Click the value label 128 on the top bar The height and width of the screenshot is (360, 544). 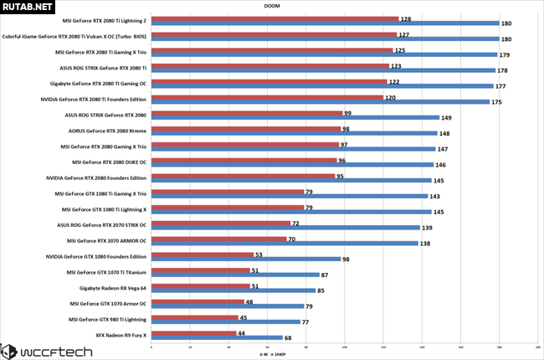point(405,18)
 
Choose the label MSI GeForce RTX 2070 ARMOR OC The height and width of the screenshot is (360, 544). point(108,240)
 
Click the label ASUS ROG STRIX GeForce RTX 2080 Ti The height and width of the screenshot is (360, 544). point(106,67)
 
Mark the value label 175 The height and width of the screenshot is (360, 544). point(497,102)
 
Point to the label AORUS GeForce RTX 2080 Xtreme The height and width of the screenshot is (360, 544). point(107,130)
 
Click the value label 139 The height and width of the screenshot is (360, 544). point(428,228)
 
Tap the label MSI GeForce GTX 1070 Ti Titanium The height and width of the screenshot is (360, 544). point(106,272)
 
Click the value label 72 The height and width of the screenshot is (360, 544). point(296,224)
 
